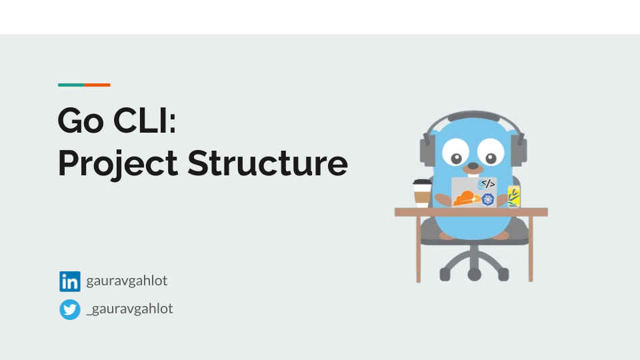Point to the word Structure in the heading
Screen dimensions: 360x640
[x=267, y=163]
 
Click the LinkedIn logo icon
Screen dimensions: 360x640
[x=69, y=281]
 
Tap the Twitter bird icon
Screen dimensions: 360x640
[x=69, y=309]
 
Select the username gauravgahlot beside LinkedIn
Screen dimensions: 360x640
[x=127, y=281]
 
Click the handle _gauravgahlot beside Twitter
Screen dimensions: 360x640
[x=129, y=309]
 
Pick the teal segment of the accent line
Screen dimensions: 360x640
[x=71, y=85]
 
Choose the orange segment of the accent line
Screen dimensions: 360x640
[x=97, y=85]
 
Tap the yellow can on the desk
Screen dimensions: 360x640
[x=514, y=197]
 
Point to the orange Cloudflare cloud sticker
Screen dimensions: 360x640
[x=466, y=198]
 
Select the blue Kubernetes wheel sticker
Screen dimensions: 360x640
[x=489, y=199]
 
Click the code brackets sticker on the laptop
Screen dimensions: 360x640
[x=488, y=183]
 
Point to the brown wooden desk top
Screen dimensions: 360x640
[x=471, y=212]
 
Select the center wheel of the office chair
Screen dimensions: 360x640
[x=474, y=274]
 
